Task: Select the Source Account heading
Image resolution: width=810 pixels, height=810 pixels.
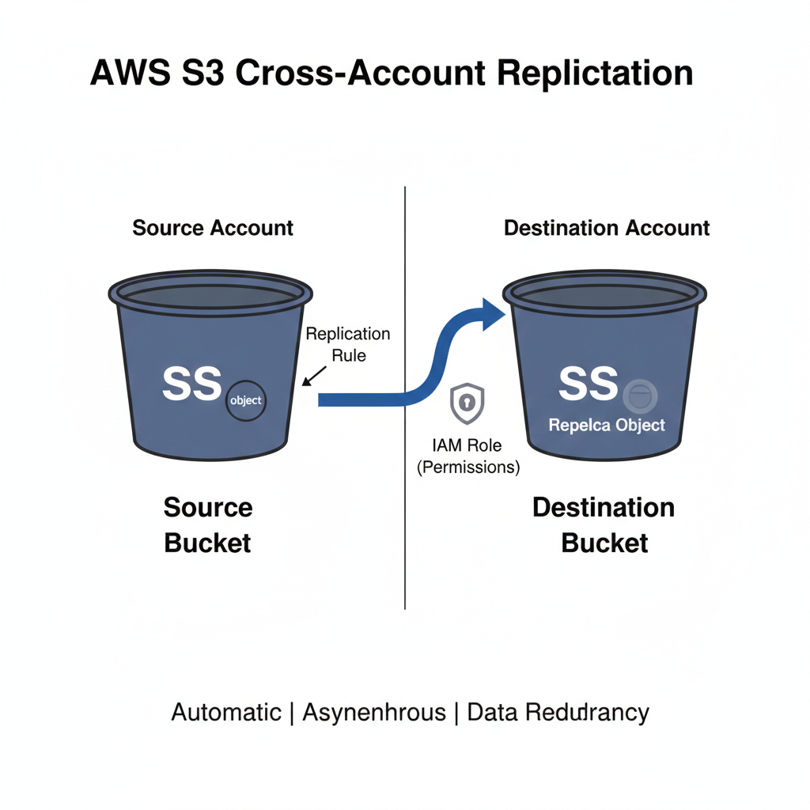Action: [213, 229]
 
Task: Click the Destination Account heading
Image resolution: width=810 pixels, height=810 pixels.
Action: [607, 229]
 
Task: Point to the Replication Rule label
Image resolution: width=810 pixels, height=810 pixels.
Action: [348, 344]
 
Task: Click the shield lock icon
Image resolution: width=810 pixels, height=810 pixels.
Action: [467, 404]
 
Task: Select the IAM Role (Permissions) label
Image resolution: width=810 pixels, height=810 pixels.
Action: [468, 456]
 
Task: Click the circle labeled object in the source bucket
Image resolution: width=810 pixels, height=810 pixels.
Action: [245, 400]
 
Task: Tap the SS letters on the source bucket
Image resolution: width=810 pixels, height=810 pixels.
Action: [191, 384]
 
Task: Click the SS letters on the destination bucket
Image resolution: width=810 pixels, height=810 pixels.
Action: [587, 384]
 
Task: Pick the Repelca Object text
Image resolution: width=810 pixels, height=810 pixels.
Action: [607, 425]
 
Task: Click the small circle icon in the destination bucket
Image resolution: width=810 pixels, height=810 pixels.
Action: [639, 393]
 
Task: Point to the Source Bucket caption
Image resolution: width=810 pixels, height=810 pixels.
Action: [208, 525]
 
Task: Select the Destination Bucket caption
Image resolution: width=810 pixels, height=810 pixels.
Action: [604, 525]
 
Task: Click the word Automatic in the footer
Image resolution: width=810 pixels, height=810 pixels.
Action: [226, 712]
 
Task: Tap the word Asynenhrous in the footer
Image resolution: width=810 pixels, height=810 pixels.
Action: [374, 712]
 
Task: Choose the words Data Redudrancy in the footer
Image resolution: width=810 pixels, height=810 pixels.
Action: [558, 712]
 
